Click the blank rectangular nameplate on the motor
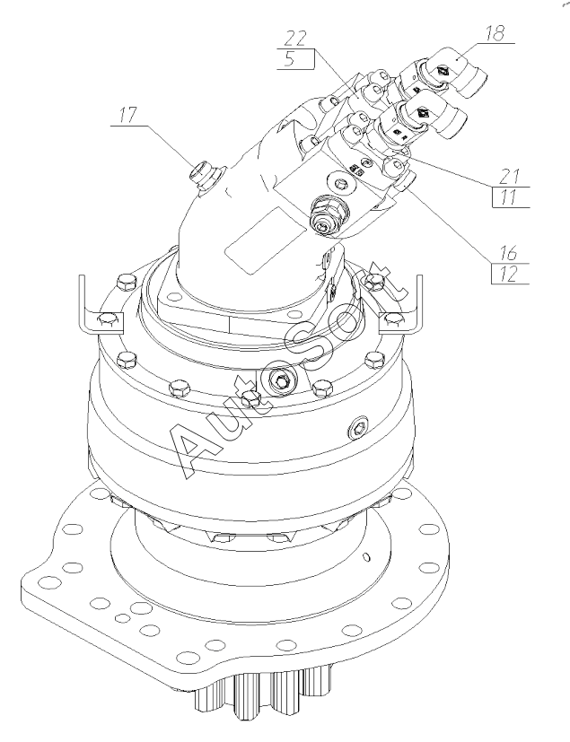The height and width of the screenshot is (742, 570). click(x=261, y=237)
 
